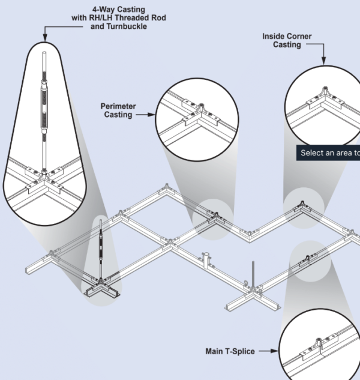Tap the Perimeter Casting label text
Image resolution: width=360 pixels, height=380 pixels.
click(x=118, y=110)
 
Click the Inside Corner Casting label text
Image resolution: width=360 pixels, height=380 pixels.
click(x=287, y=40)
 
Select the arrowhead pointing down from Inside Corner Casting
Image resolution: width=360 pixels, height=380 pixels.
click(x=323, y=61)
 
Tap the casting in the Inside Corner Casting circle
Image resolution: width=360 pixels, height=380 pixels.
click(x=324, y=93)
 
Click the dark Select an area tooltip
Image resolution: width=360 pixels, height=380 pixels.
click(x=328, y=152)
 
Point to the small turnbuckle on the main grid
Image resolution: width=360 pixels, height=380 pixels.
click(x=102, y=246)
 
